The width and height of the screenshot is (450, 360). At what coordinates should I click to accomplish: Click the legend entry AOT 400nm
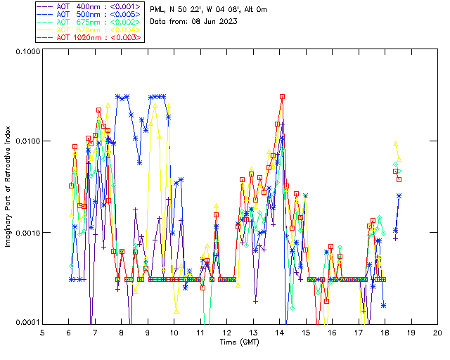90,5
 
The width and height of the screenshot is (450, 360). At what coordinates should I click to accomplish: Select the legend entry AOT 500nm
90,13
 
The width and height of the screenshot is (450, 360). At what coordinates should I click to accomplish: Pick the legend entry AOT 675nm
90,21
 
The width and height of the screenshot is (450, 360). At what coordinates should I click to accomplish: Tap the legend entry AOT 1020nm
90,37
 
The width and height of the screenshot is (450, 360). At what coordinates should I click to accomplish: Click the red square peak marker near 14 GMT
282,96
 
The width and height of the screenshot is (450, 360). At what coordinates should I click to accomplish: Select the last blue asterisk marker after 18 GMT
399,195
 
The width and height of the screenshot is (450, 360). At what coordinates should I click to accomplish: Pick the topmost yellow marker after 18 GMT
396,143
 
